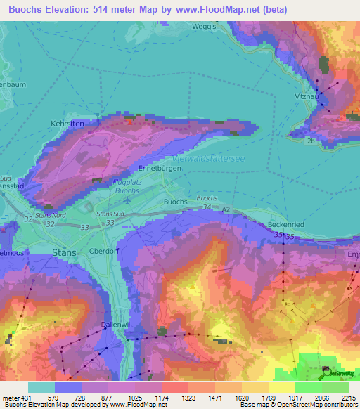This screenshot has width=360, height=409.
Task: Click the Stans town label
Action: point(65,252)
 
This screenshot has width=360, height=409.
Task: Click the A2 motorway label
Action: point(226,209)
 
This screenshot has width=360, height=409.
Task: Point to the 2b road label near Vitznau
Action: point(310,141)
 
